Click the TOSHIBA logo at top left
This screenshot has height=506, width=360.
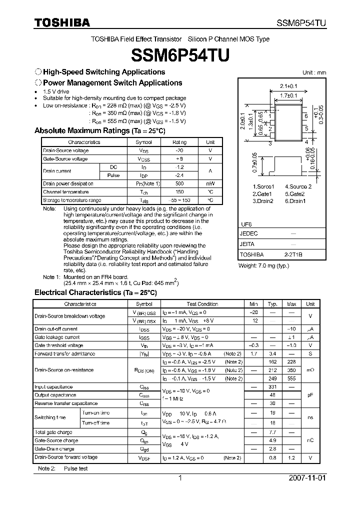[x=61, y=23]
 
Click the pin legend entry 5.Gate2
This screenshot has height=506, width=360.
[x=295, y=193]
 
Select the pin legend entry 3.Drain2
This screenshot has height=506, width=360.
[x=262, y=201]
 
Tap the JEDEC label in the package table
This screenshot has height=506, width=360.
[x=249, y=233]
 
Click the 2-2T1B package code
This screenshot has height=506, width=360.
[x=293, y=254]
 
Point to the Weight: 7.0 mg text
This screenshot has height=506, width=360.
[x=264, y=266]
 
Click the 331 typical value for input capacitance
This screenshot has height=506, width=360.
[x=272, y=386]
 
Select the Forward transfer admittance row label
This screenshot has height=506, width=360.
[x=64, y=354]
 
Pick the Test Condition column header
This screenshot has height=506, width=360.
[x=202, y=304]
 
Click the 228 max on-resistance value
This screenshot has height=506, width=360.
[x=291, y=362]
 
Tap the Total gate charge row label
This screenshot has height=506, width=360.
[x=53, y=432]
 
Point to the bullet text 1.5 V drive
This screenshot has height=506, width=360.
[x=56, y=92]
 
